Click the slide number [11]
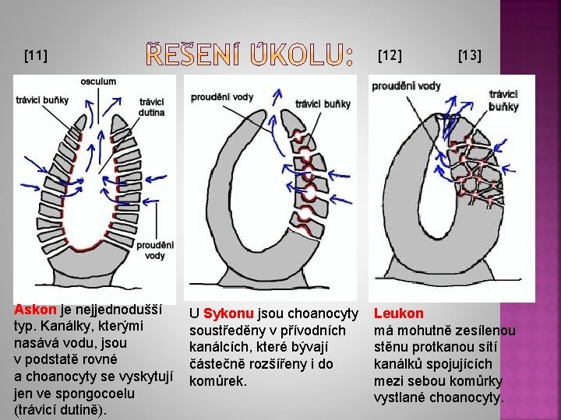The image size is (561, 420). [36, 55]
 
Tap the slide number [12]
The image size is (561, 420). [390, 55]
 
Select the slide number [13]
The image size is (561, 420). [469, 55]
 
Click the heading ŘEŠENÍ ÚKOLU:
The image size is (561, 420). [250, 55]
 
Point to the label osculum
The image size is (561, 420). [98, 82]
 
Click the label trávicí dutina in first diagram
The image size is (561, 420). [152, 107]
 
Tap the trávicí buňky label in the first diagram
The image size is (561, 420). [42, 100]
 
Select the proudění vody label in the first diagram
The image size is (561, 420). [155, 250]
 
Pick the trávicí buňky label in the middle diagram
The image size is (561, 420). [323, 103]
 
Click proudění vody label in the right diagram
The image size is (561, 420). [406, 86]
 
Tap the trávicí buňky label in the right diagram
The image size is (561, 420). [504, 100]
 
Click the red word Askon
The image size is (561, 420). [36, 310]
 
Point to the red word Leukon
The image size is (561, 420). [399, 313]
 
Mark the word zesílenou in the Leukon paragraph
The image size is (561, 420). [486, 331]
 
